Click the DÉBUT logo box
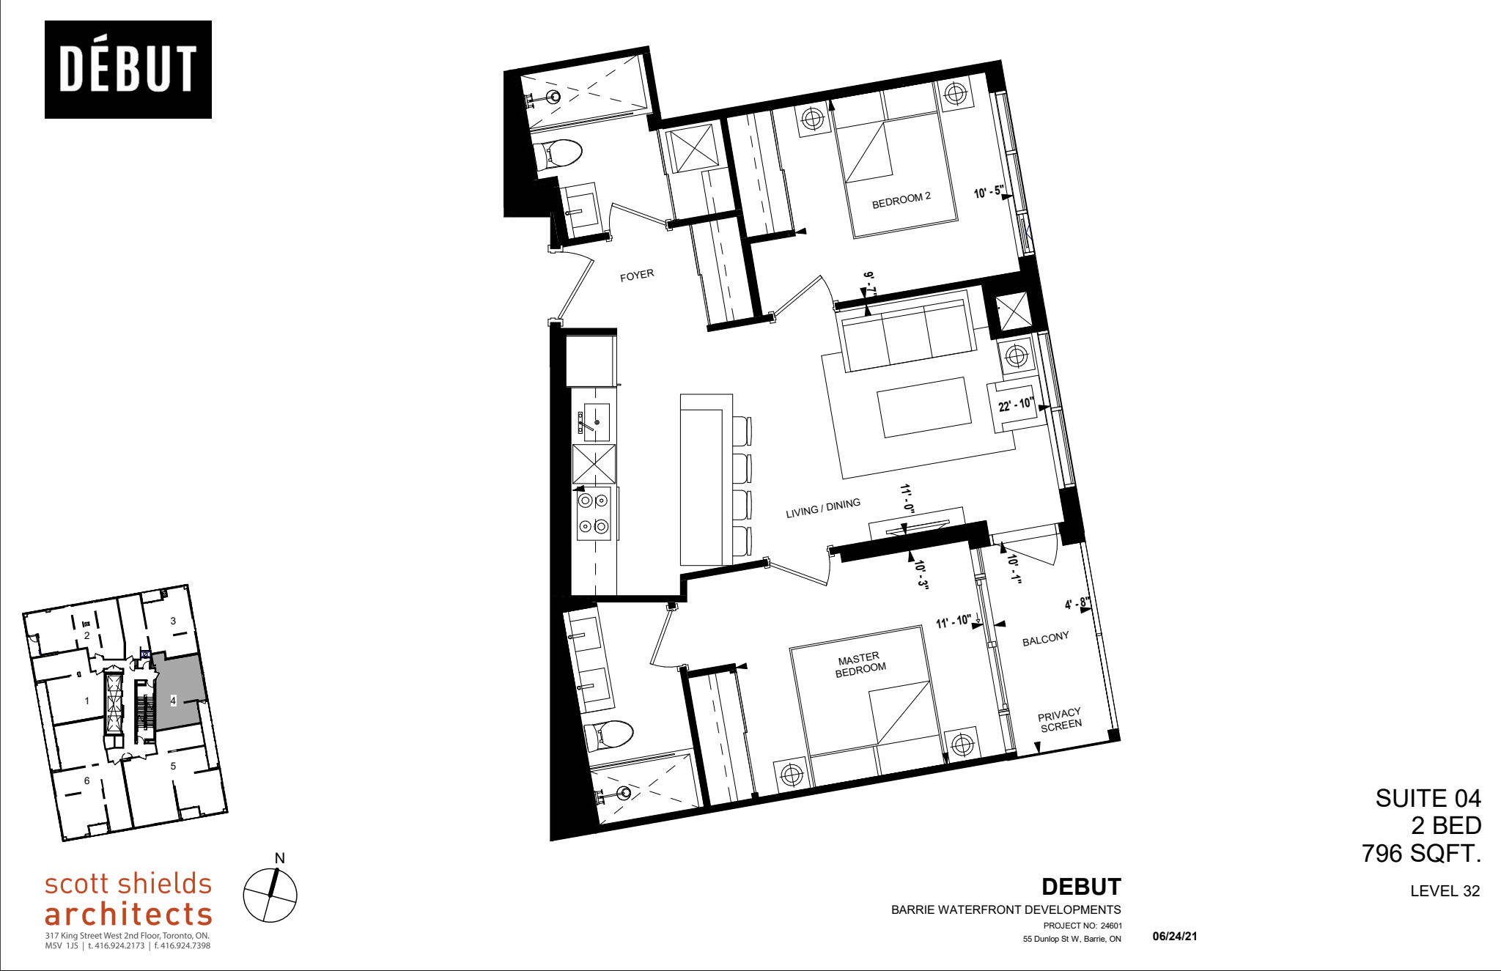pyautogui.click(x=128, y=70)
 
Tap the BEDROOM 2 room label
pyautogui.click(x=901, y=200)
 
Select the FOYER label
pyautogui.click(x=636, y=276)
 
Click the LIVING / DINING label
pyautogui.click(x=822, y=508)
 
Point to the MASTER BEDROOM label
pyautogui.click(x=860, y=665)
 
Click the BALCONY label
pyautogui.click(x=1045, y=639)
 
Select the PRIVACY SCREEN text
pyautogui.click(x=1060, y=720)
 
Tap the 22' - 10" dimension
pyautogui.click(x=1015, y=405)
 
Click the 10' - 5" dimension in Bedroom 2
pyautogui.click(x=988, y=193)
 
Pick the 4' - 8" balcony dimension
pyautogui.click(x=1076, y=604)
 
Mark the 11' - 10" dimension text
pyautogui.click(x=953, y=621)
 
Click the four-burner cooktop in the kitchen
pyautogui.click(x=593, y=513)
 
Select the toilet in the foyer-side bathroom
pyautogui.click(x=561, y=154)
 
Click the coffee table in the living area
pyautogui.click(x=923, y=407)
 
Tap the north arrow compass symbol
pyautogui.click(x=270, y=895)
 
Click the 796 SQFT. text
pyautogui.click(x=1421, y=853)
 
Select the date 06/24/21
pyautogui.click(x=1174, y=936)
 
